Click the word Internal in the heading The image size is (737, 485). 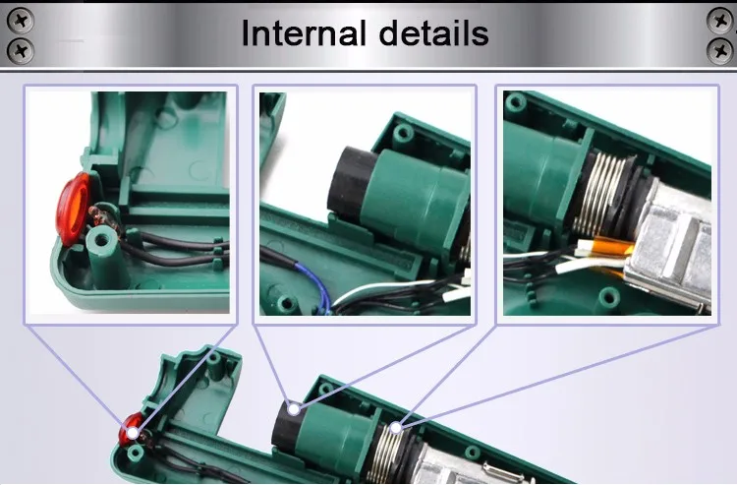click(x=304, y=33)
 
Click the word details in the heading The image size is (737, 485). click(x=433, y=33)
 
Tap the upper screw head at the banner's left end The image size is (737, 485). click(x=21, y=21)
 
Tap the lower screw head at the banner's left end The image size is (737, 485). click(x=21, y=51)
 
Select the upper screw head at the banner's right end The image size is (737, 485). click(x=719, y=21)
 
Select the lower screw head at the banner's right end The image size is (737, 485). click(x=719, y=51)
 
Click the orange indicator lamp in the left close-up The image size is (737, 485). click(x=73, y=209)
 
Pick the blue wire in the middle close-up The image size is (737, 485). click(x=314, y=284)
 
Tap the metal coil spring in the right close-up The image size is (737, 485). click(x=600, y=194)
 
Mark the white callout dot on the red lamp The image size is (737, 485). click(x=133, y=433)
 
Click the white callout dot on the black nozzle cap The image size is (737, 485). click(x=294, y=409)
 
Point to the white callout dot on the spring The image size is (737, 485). click(x=396, y=428)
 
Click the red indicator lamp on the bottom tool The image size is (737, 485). click(x=129, y=430)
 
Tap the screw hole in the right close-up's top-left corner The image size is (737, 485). click(x=516, y=101)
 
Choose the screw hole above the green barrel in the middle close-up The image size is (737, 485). click(x=403, y=133)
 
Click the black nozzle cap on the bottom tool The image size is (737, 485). click(x=286, y=428)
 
